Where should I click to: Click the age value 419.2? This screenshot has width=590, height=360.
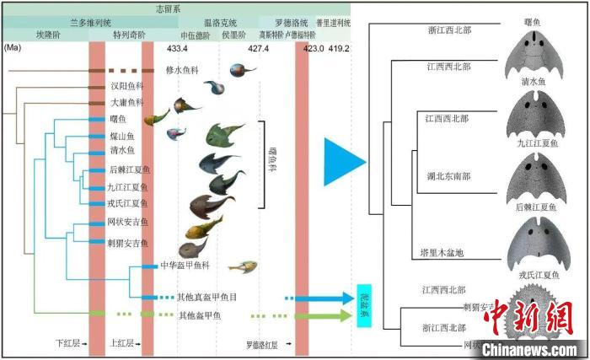point(339,49)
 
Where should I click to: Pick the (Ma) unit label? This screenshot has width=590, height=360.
point(13,49)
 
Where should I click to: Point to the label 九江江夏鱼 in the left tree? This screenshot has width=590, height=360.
point(128,187)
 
